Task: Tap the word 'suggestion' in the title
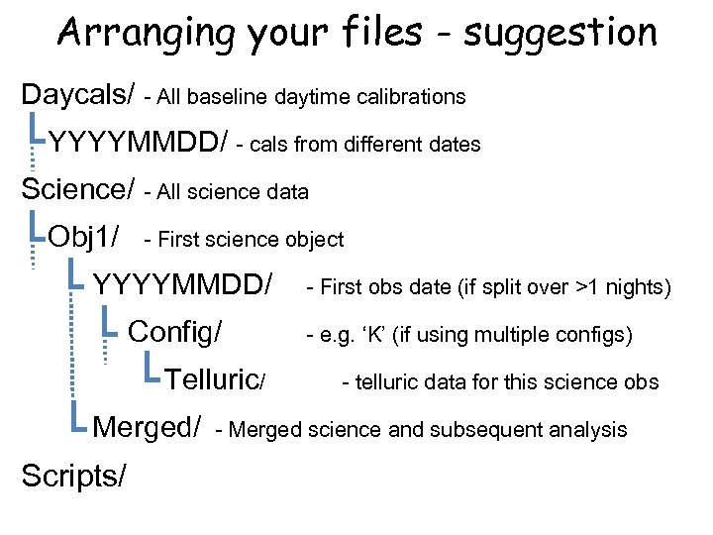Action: (x=560, y=33)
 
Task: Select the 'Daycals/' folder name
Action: (x=78, y=95)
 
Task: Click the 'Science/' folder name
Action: (x=78, y=189)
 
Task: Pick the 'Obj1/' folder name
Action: (x=84, y=238)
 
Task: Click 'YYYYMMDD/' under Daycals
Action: (x=139, y=143)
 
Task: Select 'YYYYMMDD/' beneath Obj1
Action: (x=182, y=285)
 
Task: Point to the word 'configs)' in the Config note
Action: (x=597, y=335)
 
